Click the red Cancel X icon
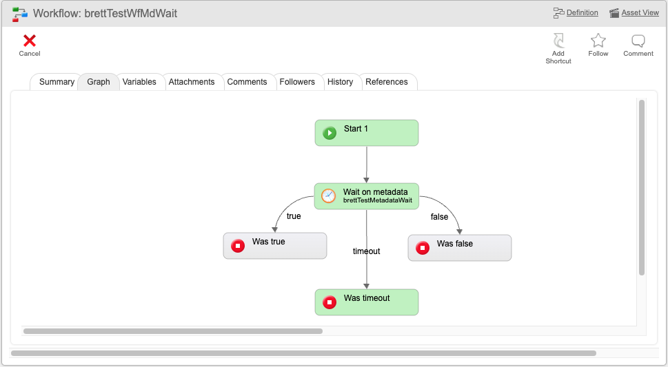coord(30,41)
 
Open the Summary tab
coord(57,82)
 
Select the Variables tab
coord(139,82)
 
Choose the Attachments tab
coord(192,82)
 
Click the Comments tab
coord(247,82)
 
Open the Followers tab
coord(297,82)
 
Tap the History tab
coord(340,82)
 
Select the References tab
coord(387,82)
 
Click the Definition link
coord(582,13)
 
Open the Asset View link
coord(640,13)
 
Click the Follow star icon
coord(598,41)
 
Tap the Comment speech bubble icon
coord(638,41)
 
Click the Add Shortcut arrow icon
coord(558,41)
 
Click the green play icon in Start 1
coord(330,133)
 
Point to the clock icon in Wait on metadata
coord(328,196)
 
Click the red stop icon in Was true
coord(238,246)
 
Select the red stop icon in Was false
coord(423,248)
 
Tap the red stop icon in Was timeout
coord(330,302)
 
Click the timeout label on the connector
coord(366,251)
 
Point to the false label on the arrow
coord(439,217)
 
